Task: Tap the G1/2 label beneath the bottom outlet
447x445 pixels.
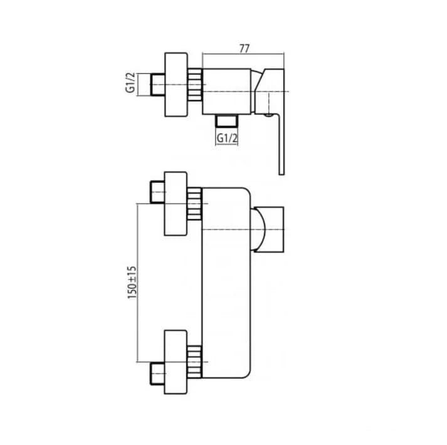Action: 227,139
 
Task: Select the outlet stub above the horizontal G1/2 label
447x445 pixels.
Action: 227,120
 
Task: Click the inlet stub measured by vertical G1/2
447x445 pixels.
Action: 157,85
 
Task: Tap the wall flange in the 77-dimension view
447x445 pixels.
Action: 176,85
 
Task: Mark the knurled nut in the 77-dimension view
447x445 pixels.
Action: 196,85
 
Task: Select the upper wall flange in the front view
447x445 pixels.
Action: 176,203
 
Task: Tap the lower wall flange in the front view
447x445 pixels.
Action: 176,362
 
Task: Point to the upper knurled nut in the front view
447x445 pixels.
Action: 196,203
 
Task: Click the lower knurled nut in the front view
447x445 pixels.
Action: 196,362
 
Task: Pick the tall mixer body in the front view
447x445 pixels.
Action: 226,282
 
